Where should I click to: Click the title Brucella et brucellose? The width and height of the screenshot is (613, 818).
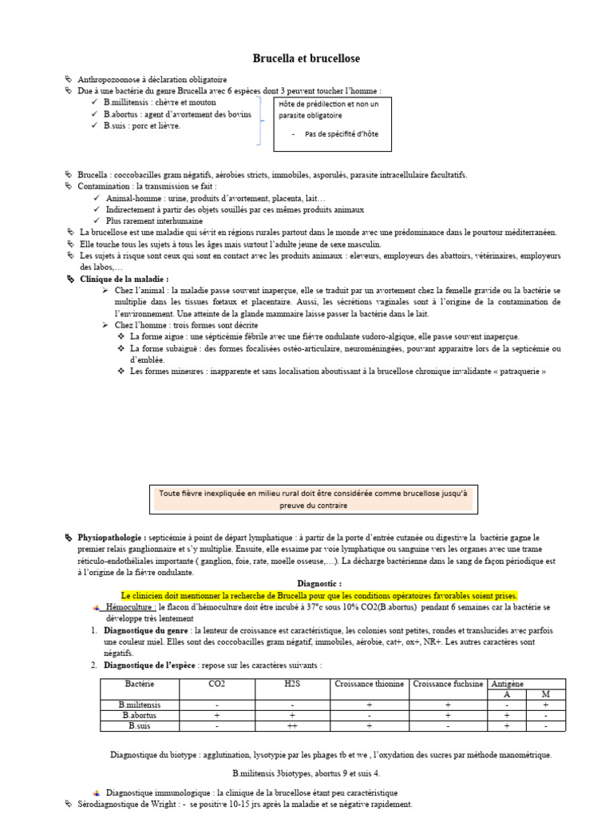pos(306,58)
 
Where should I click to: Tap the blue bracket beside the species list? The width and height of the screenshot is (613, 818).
pos(259,121)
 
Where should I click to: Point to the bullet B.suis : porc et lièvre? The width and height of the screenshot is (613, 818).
pos(142,125)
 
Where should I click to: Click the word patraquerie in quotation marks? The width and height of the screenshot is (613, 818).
pos(520,371)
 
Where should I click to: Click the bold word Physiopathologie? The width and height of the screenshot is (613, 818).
pos(112,538)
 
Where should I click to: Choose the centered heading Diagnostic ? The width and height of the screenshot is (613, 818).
pos(319,584)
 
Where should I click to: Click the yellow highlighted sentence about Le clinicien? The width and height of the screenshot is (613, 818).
pos(319,596)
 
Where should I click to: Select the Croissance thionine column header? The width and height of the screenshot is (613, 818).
pos(370,684)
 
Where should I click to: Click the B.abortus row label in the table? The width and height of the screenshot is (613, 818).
pos(140,716)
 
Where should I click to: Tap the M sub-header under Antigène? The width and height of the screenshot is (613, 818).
pos(545,694)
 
